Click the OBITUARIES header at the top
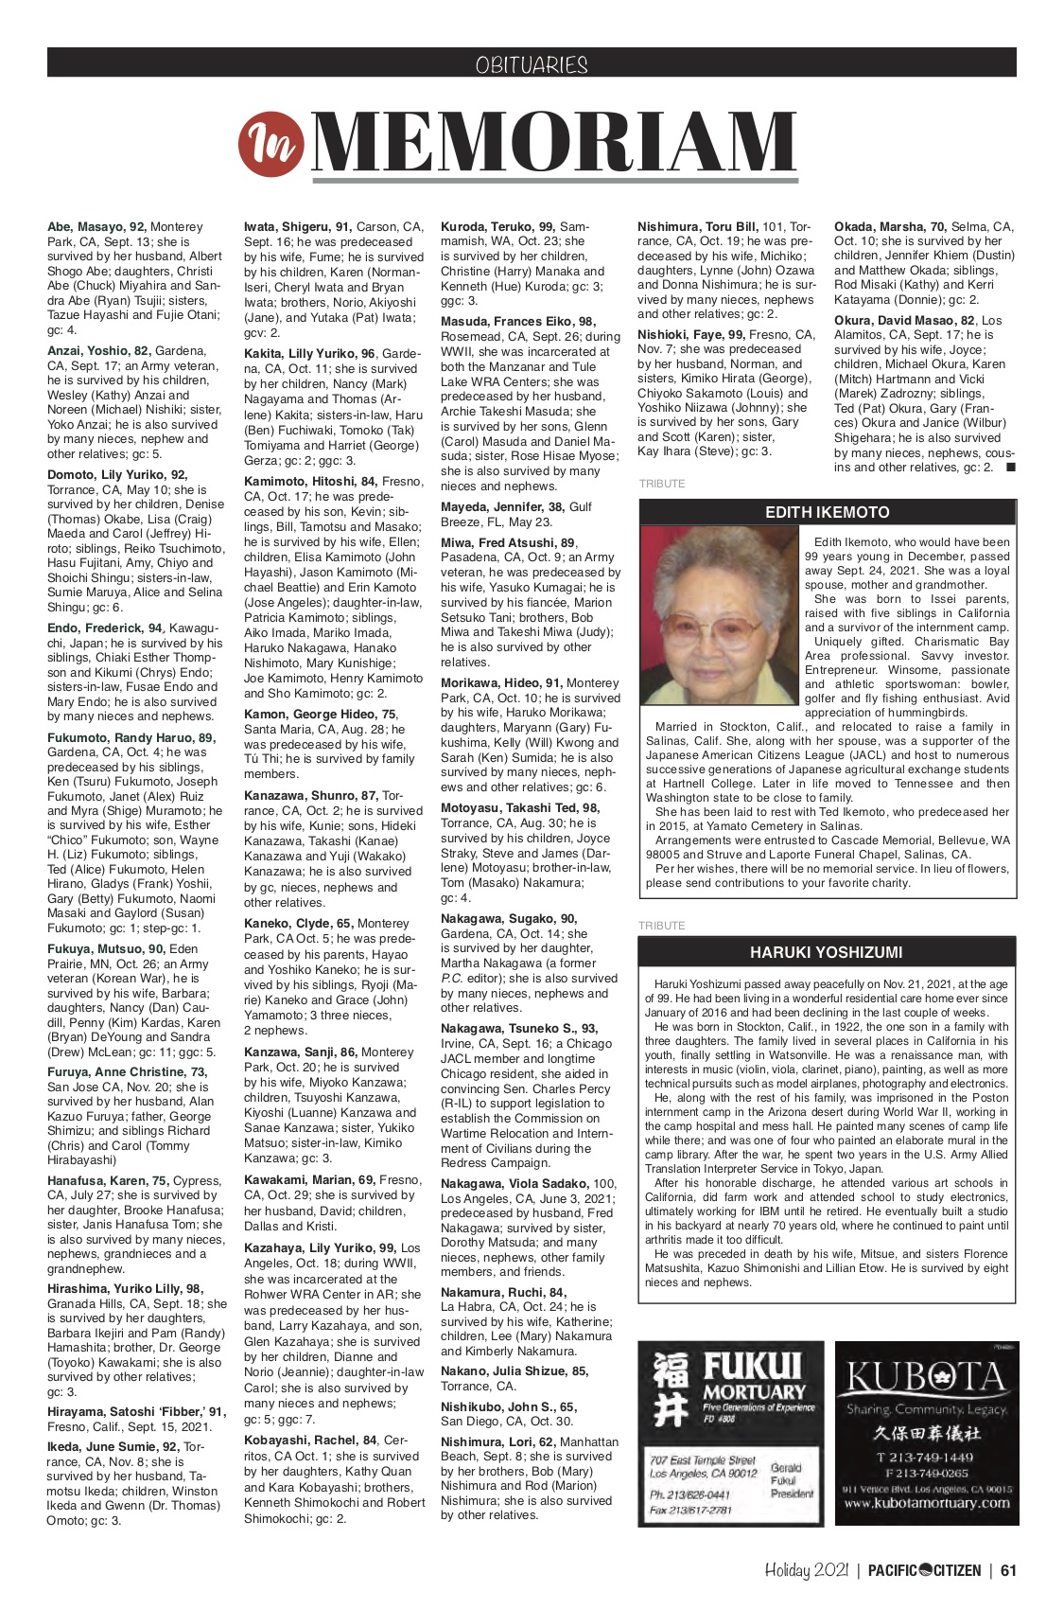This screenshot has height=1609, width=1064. point(532,64)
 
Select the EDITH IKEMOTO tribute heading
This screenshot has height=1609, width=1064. point(828,512)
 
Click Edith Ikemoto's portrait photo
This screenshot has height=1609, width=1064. point(719,615)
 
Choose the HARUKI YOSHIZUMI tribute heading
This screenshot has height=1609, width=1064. point(827,952)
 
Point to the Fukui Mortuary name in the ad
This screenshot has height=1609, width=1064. point(755,1376)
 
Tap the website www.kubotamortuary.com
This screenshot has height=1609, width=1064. point(927,1503)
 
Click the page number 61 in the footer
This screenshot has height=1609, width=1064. point(1008,1570)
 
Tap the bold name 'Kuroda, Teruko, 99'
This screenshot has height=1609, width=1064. point(498,227)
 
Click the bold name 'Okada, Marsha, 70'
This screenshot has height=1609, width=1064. point(890,227)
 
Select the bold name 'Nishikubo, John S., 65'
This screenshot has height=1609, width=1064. point(508,1407)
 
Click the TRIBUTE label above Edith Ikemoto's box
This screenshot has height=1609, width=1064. point(662,484)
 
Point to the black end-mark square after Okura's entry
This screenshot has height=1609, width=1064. point(1011,468)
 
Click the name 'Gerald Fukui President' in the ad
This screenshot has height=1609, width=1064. point(792,1480)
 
